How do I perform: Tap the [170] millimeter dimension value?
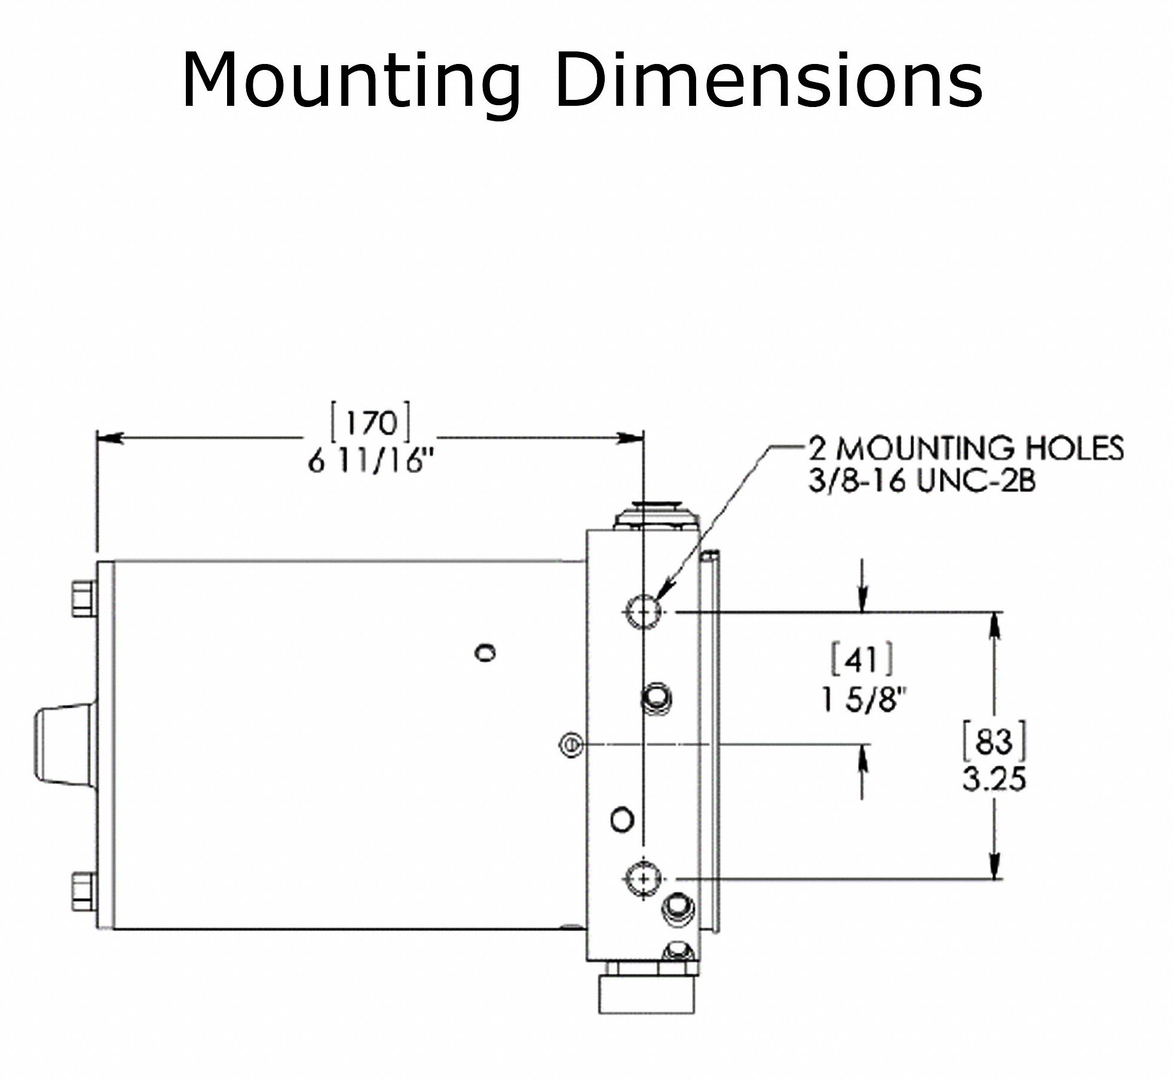click(371, 423)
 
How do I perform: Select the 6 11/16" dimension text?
click(369, 462)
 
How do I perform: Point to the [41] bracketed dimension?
click(863, 659)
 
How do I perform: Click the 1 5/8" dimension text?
click(864, 700)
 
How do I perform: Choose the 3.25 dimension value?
click(994, 780)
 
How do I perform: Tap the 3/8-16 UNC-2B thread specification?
click(921, 481)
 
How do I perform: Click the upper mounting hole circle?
click(643, 611)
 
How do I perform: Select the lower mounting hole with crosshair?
click(643, 878)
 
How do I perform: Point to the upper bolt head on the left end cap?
click(82, 598)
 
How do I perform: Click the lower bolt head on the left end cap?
click(82, 891)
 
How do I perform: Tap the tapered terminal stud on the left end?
click(62, 744)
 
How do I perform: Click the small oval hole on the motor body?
click(485, 652)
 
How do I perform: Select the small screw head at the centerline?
click(571, 745)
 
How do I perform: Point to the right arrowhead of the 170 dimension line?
click(632, 438)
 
